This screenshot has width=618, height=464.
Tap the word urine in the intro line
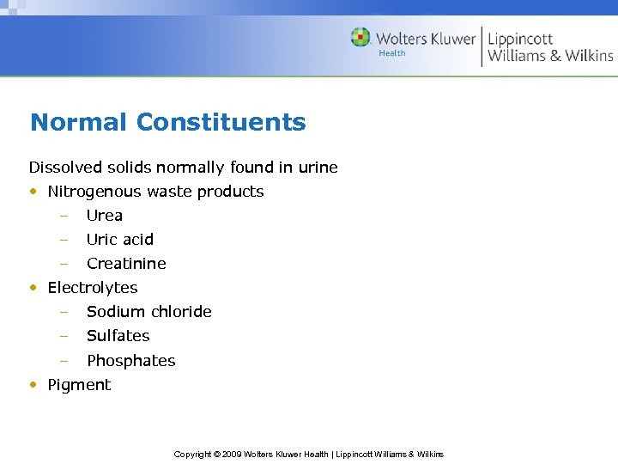(x=317, y=167)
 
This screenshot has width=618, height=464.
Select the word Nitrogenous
(x=98, y=192)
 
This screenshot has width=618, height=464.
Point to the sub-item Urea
(x=104, y=216)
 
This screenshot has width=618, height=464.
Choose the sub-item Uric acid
(x=119, y=240)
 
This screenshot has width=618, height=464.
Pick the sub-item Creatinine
(x=126, y=264)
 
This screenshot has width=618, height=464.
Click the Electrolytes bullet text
(x=92, y=288)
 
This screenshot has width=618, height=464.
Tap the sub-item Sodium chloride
(x=148, y=312)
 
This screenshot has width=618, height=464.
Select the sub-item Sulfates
(x=118, y=336)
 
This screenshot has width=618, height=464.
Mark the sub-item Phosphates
(x=130, y=361)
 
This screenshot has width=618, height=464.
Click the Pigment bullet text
(x=79, y=385)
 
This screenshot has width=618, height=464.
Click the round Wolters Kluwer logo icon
(x=360, y=37)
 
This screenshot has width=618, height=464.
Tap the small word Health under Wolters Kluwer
(x=392, y=53)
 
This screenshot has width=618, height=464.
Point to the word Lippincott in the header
(x=520, y=39)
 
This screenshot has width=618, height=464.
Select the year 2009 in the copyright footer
(x=232, y=454)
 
